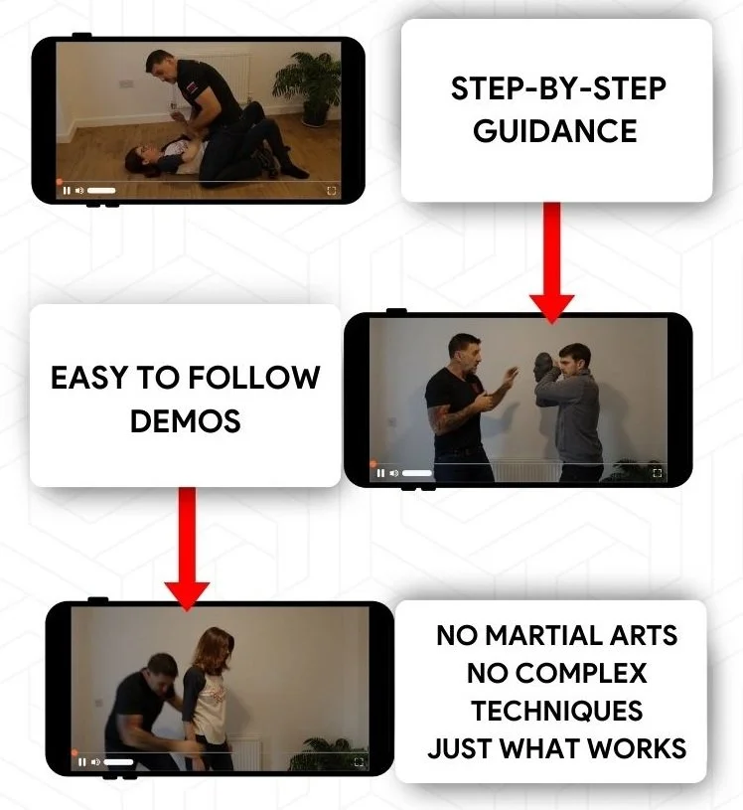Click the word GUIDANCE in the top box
click(x=555, y=130)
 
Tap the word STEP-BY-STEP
click(x=557, y=88)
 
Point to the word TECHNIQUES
click(x=556, y=711)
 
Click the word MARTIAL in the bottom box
click(x=555, y=635)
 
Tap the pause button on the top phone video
click(x=67, y=190)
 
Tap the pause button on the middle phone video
click(x=379, y=474)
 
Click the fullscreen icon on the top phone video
click(x=331, y=190)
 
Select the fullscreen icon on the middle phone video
click(x=657, y=474)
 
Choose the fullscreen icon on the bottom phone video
click(x=359, y=762)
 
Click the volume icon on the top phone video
click(x=79, y=190)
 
